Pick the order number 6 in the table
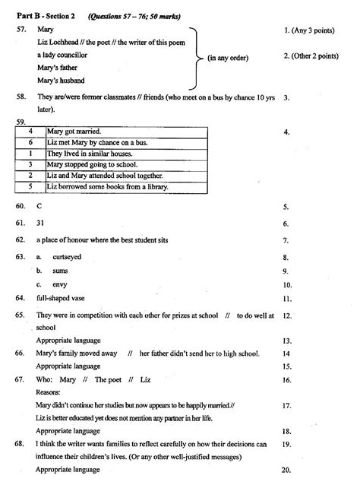click(30, 142)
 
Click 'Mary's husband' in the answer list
click(60, 81)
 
